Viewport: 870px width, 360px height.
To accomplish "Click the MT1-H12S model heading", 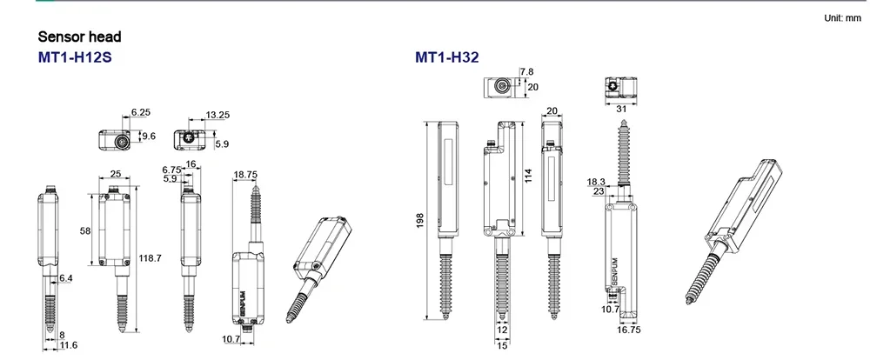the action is [75, 57].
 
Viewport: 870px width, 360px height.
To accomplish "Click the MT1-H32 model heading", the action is [446, 57].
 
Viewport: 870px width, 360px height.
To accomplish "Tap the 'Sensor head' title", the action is [79, 37].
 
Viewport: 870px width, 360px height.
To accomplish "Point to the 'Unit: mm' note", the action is [842, 18].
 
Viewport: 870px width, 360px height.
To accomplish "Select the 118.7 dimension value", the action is [150, 258].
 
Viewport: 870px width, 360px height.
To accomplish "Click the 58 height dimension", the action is [85, 230].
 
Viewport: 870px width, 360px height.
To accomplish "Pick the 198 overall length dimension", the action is [419, 220].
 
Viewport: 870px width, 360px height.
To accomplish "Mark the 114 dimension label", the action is [528, 176].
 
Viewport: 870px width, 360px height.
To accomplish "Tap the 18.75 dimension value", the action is [245, 174].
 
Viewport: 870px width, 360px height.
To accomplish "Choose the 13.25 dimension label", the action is [217, 115].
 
